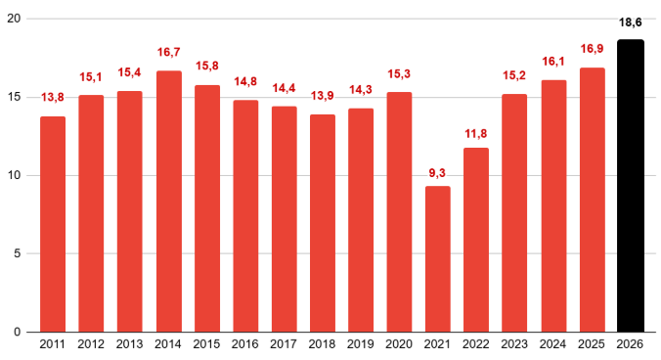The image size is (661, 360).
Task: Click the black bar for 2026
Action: (631, 186)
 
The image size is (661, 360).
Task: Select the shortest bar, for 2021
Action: (438, 259)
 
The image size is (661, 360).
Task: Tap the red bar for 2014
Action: (168, 202)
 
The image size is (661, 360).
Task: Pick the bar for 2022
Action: (476, 240)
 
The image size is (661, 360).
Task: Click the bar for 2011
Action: (53, 224)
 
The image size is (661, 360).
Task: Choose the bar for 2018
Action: (323, 223)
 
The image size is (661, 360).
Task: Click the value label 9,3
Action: (438, 172)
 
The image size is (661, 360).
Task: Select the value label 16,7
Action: (168, 52)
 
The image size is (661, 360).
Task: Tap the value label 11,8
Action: (476, 133)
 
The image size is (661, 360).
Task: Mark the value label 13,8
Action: (53, 99)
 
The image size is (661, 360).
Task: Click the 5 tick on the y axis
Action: (20, 253)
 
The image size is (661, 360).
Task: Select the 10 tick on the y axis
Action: (16, 175)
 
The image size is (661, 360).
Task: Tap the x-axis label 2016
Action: (245, 344)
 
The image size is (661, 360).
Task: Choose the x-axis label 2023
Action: (514, 344)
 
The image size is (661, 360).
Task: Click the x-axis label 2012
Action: (91, 344)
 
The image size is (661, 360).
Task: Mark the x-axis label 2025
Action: (592, 344)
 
